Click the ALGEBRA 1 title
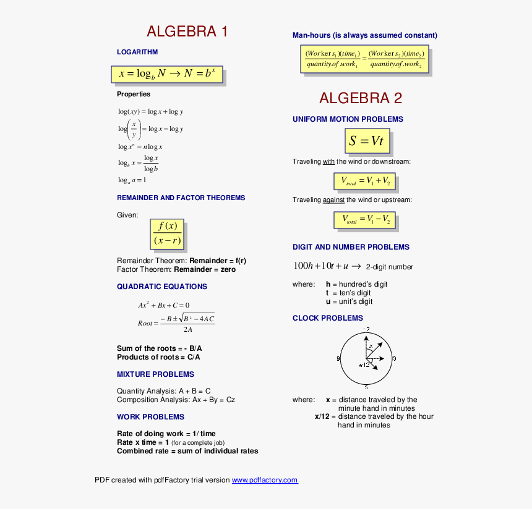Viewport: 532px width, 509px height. click(187, 32)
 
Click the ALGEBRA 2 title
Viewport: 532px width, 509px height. click(361, 98)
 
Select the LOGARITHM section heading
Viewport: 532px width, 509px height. click(137, 52)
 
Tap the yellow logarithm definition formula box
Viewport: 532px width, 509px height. click(167, 74)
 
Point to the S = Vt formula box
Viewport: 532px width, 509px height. click(367, 141)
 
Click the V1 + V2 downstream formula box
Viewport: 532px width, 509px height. click(364, 181)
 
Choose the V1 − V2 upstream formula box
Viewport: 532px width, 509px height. click(364, 219)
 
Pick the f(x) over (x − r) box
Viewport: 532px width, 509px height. click(167, 233)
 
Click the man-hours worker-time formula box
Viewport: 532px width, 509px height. click(364, 59)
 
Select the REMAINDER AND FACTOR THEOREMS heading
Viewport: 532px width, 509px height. click(181, 198)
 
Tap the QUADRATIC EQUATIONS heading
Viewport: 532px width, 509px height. click(162, 287)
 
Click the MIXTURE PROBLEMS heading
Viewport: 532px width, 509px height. click(155, 374)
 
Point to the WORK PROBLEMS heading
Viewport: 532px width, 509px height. click(150, 417)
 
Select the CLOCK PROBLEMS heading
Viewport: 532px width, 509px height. click(328, 318)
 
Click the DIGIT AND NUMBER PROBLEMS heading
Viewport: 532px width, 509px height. click(351, 247)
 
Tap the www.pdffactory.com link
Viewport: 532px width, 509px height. click(265, 480)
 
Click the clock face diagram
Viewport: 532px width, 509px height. click(366, 358)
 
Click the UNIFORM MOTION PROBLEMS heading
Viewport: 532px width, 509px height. click(348, 119)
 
